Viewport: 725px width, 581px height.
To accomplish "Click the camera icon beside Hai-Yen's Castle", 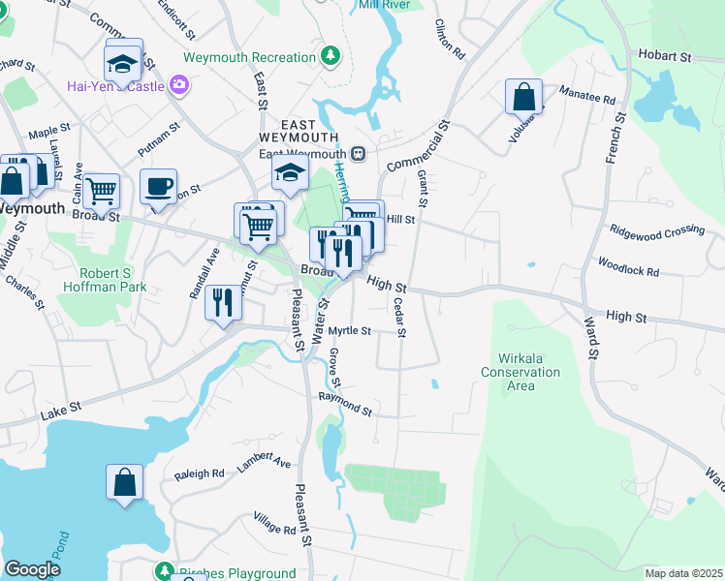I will coord(178,85).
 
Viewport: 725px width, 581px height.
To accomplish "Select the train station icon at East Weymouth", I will coord(358,153).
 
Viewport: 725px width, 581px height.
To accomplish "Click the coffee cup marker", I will coord(158,186).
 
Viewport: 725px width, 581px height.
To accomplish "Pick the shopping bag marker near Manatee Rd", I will coord(523,97).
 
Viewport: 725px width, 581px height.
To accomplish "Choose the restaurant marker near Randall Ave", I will coord(223,302).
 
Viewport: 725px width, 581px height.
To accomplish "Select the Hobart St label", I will coord(665,57).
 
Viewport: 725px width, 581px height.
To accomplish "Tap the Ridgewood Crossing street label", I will coord(656,230).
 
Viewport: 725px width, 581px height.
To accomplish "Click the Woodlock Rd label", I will coord(628,267).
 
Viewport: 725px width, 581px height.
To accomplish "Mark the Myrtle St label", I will coord(349,331).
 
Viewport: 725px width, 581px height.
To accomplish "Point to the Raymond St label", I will coord(345,403).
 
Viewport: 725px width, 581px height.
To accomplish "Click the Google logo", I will coord(32,569).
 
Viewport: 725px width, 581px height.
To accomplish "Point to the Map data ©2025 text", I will coord(682,573).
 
